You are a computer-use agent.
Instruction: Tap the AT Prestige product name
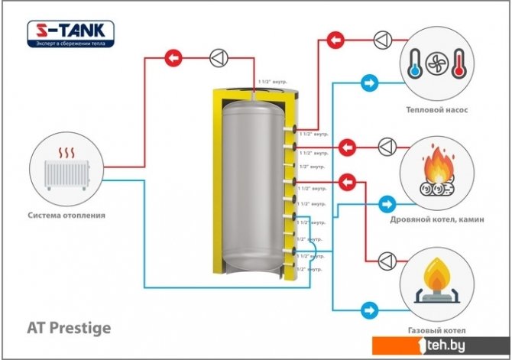pos(70,328)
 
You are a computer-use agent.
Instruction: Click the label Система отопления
pos(66,216)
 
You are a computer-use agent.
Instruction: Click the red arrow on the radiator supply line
pos(174,56)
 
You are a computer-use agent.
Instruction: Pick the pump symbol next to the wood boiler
pos(387,145)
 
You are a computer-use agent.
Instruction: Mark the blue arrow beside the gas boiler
pos(369,310)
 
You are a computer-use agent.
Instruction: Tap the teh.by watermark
pos(473,345)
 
